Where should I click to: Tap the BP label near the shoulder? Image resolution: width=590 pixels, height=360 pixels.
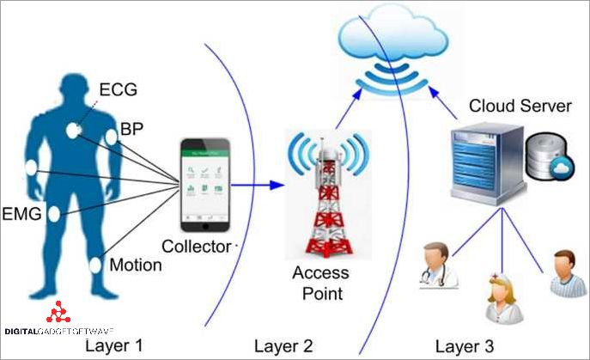coord(132,130)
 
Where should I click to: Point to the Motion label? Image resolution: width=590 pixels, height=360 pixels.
coord(136,265)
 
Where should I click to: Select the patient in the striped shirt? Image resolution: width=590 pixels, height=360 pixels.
coord(564,274)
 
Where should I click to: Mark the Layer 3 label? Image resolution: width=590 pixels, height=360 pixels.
coord(465,346)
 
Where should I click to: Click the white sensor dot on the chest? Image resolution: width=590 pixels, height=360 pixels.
coord(75,131)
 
